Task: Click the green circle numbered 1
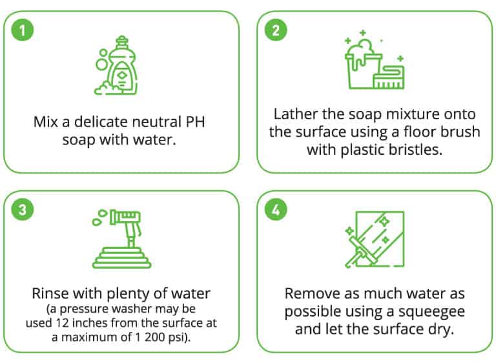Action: (x=23, y=30)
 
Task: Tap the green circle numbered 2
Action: (x=276, y=30)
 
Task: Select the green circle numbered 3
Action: (x=23, y=210)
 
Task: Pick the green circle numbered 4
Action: (x=276, y=210)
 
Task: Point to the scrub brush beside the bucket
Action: (x=389, y=77)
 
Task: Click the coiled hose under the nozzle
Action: (x=122, y=258)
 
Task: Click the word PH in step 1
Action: (x=195, y=122)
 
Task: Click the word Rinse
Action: (x=50, y=294)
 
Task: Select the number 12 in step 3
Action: (x=62, y=323)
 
